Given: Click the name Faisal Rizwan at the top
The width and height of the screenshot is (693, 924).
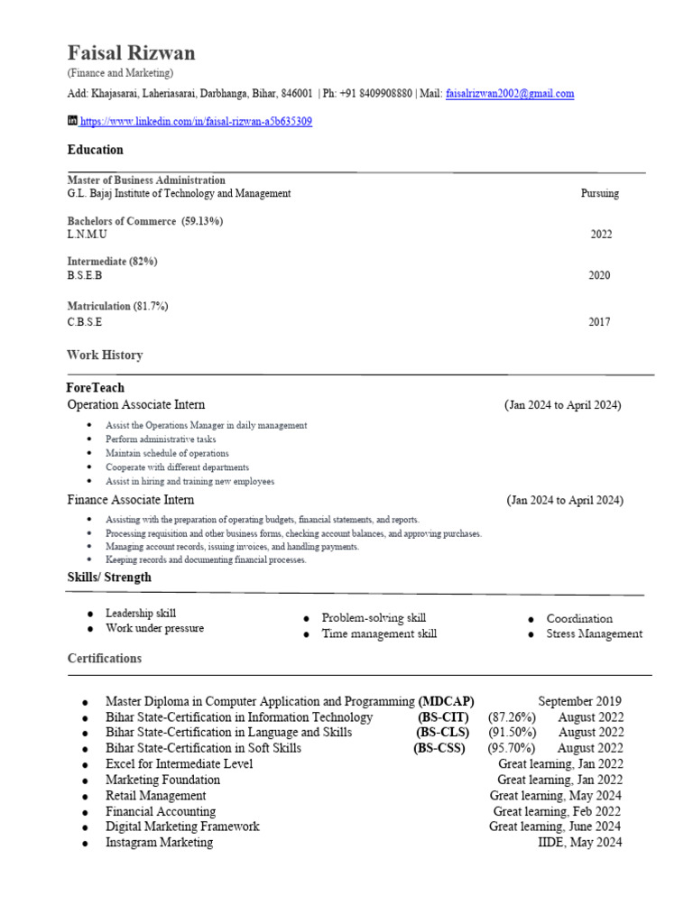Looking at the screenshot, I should [131, 52].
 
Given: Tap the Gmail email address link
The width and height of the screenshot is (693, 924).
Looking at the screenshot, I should [510, 94].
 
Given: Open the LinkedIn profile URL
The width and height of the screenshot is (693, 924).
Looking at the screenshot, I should [196, 121].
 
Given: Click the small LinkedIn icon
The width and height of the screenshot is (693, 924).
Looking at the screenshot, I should [73, 121].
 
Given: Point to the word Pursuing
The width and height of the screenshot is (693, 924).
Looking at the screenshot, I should [600, 193].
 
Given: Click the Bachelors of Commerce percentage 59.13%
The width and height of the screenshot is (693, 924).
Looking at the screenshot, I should [202, 221].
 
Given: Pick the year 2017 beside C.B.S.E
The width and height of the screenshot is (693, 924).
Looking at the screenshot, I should [599, 322].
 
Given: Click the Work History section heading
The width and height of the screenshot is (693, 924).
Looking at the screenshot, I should [105, 356].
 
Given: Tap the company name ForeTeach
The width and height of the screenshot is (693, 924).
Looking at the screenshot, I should [96, 388].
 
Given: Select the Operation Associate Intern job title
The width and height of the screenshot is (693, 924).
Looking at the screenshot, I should [136, 405].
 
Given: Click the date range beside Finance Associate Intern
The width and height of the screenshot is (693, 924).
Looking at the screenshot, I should [564, 500].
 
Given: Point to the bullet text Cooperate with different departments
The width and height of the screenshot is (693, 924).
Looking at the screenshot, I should [177, 467].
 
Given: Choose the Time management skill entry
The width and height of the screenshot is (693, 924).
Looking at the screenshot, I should [379, 634].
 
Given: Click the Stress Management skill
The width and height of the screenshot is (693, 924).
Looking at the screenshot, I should [594, 634].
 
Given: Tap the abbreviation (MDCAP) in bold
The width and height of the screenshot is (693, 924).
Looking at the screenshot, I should [446, 701].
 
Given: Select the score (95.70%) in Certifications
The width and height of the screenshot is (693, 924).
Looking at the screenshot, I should [511, 748].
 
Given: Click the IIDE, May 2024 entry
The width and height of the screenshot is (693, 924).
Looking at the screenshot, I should [578, 843].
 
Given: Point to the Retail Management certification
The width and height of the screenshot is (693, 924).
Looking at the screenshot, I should [155, 796].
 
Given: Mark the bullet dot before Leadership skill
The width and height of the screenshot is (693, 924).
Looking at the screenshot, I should [90, 614].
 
